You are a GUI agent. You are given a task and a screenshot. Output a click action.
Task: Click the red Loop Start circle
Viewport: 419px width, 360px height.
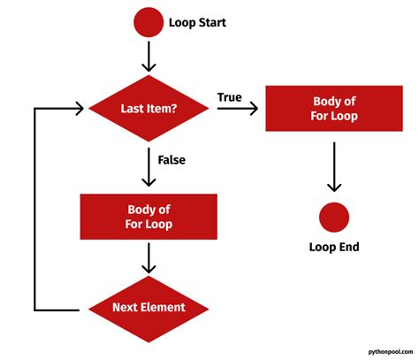[148, 23]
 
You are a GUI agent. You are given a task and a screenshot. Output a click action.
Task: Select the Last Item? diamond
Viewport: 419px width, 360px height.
[149, 109]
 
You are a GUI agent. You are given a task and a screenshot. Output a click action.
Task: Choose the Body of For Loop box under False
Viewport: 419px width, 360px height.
[149, 217]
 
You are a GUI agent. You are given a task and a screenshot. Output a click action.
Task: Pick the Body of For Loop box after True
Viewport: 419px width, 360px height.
[333, 109]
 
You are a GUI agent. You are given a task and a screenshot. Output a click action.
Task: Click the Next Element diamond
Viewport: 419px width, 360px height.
[149, 307]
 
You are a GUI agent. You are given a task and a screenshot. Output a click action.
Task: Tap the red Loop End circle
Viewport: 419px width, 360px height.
[333, 217]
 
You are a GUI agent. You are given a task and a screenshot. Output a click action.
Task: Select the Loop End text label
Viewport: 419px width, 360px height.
[333, 248]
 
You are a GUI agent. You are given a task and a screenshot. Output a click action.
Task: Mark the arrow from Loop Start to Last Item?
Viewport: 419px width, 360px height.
[148, 56]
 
